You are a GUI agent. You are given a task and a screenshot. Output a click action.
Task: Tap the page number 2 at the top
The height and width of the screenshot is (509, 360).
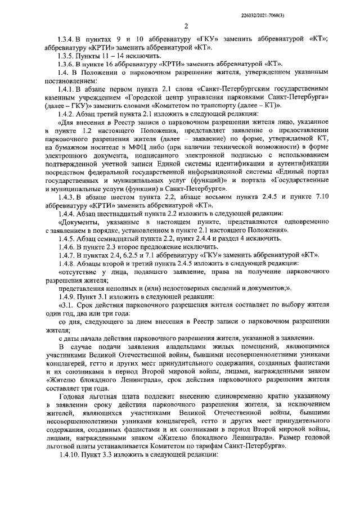click(186, 26)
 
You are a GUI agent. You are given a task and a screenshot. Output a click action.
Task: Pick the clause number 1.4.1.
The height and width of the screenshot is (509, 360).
click(67, 90)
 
